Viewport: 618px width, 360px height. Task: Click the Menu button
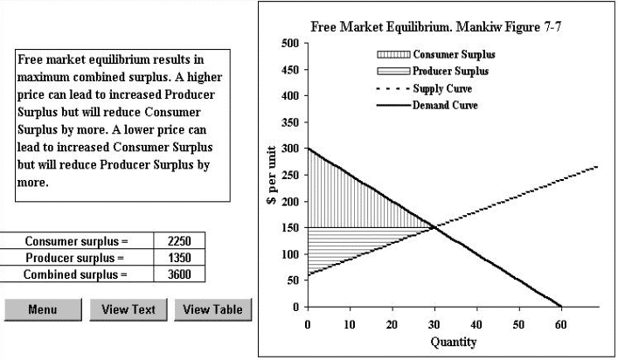42,309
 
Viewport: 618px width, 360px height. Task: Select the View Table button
212,309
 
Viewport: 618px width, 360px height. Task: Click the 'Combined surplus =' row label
76,274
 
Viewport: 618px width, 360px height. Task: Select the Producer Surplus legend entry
450,71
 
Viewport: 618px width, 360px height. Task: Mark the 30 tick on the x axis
434,324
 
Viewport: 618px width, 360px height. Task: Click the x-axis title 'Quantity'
454,342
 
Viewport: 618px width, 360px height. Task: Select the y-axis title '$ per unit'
272,176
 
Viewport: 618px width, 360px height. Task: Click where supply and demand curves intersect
434,227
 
